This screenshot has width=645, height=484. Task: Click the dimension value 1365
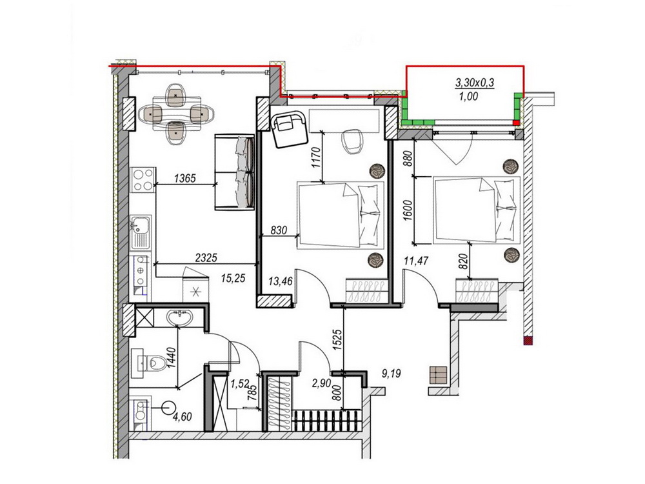(x=184, y=178)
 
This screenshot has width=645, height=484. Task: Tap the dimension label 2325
(x=206, y=258)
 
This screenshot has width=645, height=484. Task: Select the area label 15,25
(x=233, y=278)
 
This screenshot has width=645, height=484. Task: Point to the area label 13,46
(x=281, y=281)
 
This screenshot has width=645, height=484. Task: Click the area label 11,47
(x=416, y=261)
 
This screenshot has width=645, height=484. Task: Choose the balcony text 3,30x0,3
(x=474, y=83)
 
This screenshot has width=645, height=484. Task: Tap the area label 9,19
(x=392, y=374)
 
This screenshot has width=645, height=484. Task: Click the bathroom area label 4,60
(x=183, y=417)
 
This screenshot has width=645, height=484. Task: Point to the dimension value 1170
(x=316, y=158)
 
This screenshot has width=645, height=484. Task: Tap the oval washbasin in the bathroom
(x=179, y=318)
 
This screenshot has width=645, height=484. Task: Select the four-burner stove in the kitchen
(x=143, y=179)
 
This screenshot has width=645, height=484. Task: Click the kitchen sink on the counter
(x=140, y=232)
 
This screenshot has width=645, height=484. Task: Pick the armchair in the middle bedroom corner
(x=288, y=129)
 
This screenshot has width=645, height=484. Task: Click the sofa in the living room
(x=234, y=172)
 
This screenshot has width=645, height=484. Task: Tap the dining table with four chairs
(x=177, y=114)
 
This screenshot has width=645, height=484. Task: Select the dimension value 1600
(x=408, y=211)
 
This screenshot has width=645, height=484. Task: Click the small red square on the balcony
(x=516, y=123)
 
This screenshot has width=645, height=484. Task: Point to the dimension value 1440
(x=172, y=358)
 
